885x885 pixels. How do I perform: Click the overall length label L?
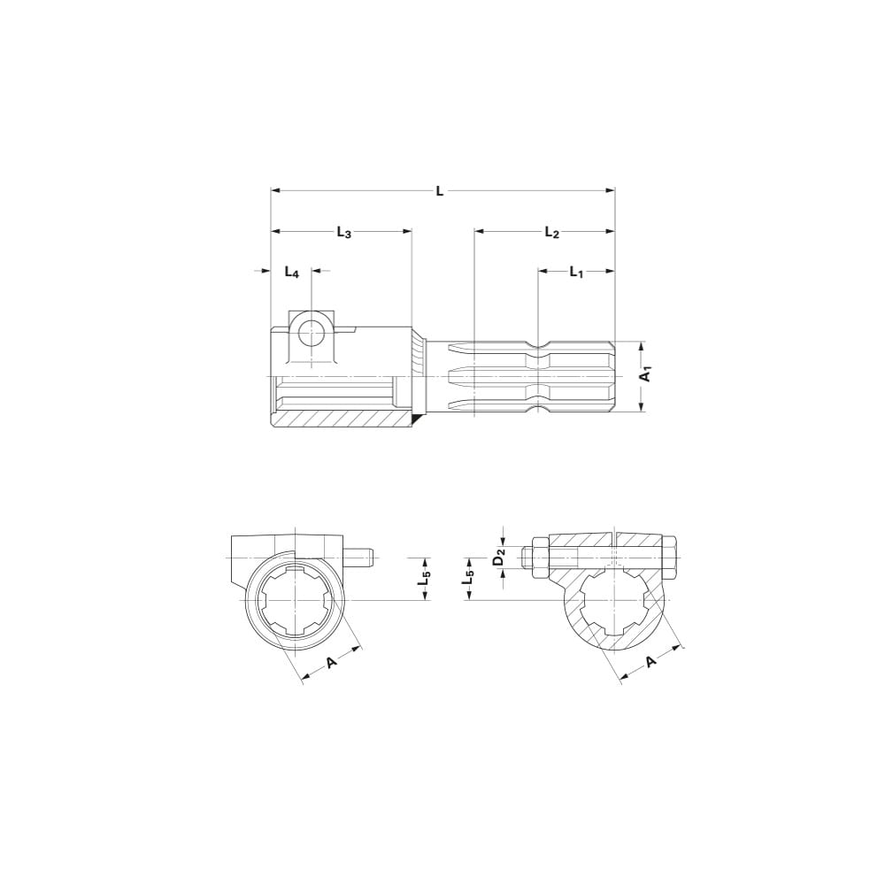coord(440,190)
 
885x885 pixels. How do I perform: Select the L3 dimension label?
coord(344,232)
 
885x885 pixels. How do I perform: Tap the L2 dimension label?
coord(551,232)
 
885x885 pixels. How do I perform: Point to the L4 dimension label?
coord(292,273)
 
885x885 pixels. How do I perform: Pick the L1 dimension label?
coord(576,273)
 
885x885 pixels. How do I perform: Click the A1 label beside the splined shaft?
coord(647,374)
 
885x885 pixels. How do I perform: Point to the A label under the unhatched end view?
coord(333,661)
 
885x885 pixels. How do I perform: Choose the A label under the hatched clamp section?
coord(650,661)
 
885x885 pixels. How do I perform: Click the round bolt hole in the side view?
coord(311,333)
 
